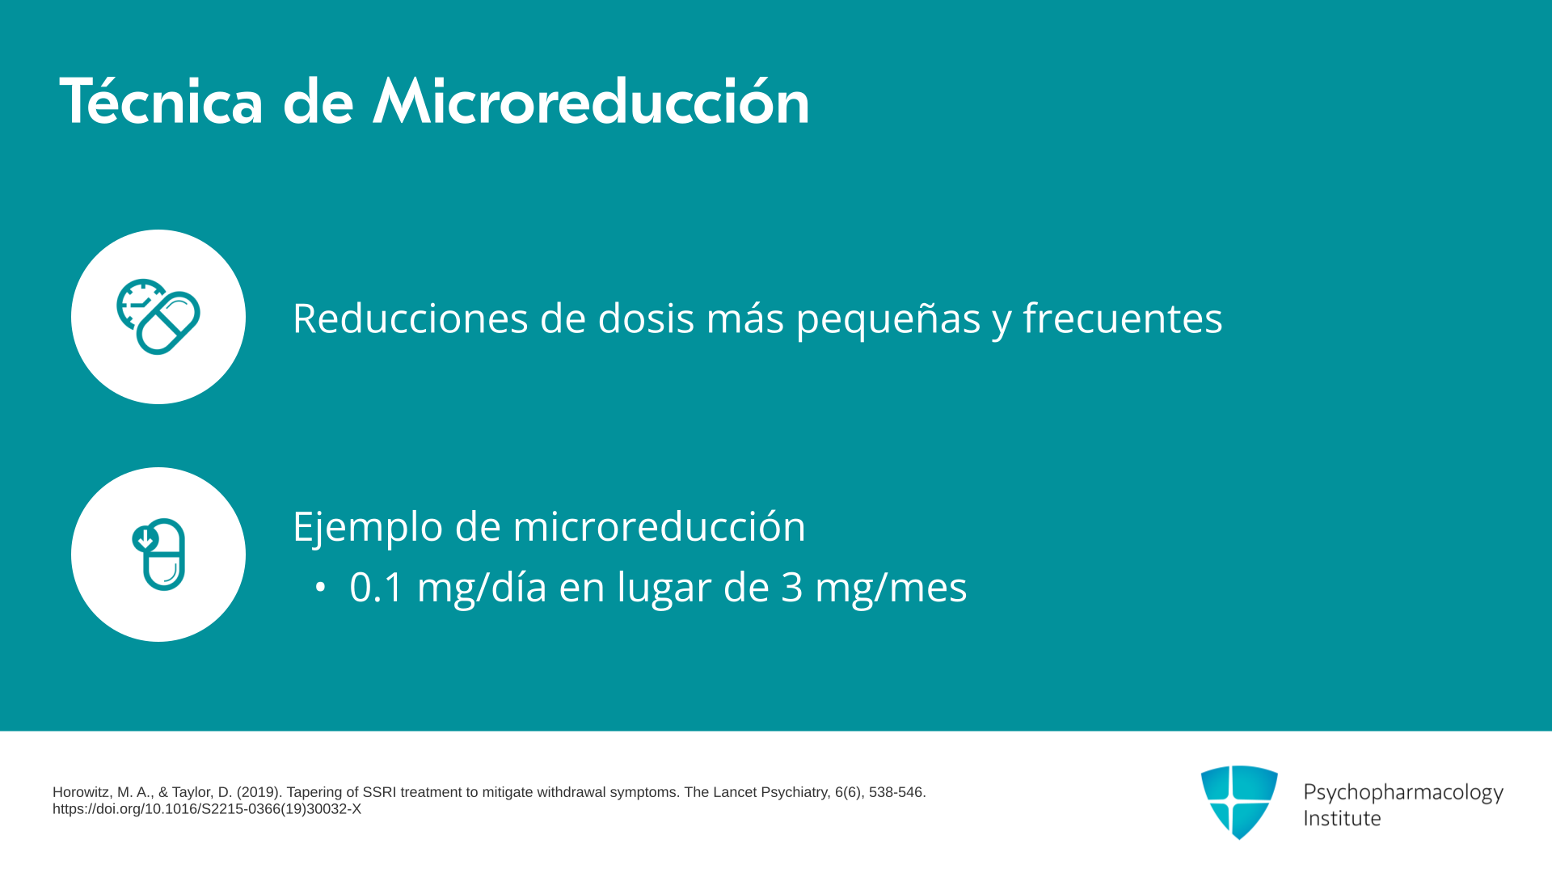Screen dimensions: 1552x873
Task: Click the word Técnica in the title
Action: [162, 101]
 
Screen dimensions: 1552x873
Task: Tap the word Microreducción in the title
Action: [591, 101]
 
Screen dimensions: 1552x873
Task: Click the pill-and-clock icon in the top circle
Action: [158, 317]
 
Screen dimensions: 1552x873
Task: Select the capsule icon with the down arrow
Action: [159, 555]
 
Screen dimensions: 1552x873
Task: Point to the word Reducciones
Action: [410, 318]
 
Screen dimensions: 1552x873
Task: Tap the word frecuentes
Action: [1123, 318]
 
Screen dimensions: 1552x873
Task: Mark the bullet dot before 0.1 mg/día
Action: [321, 588]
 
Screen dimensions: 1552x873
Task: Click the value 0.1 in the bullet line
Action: [376, 588]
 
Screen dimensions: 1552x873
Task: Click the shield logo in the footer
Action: [1239, 802]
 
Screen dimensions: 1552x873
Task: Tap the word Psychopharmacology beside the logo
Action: [1403, 793]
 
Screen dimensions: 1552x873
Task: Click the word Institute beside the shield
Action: [1342, 818]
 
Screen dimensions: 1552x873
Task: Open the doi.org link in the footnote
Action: [207, 809]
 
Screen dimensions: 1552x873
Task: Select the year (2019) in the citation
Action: [258, 792]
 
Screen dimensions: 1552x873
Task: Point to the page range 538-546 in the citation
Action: [896, 792]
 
